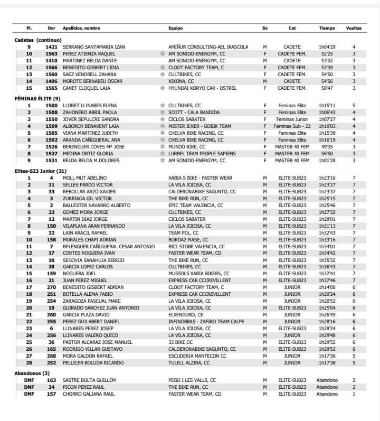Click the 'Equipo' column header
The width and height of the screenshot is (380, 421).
(175, 28)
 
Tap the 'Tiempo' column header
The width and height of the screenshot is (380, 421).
(327, 28)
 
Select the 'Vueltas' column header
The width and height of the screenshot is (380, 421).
(354, 28)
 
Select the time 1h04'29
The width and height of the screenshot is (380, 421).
(327, 47)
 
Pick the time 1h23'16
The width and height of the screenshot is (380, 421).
(327, 178)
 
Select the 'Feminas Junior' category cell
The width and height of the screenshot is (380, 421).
(292, 119)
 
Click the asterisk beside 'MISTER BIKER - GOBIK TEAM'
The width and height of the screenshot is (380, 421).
(163, 126)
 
